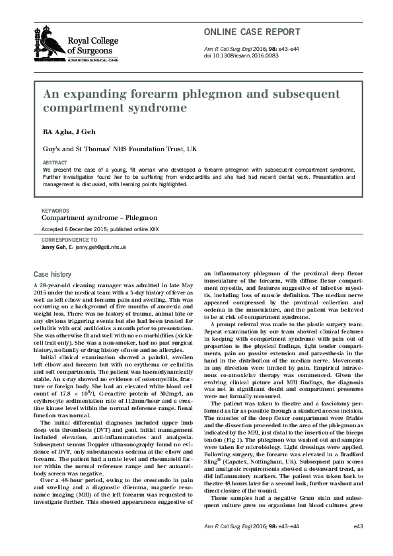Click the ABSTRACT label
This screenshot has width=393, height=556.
(x=54, y=162)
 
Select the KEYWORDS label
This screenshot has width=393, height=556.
(x=55, y=210)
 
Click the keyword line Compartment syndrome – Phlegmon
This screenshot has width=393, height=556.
(x=99, y=217)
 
